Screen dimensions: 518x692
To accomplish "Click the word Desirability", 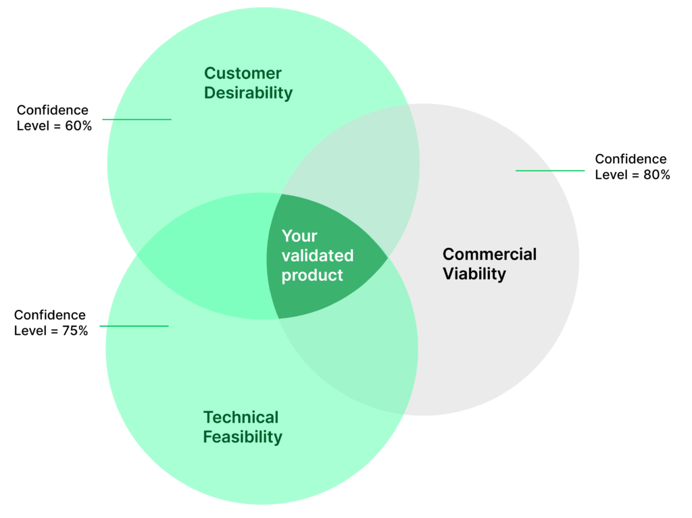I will pos(248,93).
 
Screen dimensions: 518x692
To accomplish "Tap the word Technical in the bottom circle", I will pos(241,417).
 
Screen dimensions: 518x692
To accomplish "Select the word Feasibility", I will pos(243,437).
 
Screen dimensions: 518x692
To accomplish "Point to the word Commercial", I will pos(489,255).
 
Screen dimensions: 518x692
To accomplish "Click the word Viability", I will pos(474,274).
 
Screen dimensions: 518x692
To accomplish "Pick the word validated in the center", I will pos(317,256).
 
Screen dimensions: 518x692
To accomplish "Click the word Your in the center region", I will pos(299,236).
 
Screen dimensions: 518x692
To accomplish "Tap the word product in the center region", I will pos(312,276).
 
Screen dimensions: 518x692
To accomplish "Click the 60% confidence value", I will pos(78,126).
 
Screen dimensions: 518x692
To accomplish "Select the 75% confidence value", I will pos(74,331).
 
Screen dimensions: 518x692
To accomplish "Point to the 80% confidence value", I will pos(656,175).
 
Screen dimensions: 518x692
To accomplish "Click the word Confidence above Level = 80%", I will pos(631,159).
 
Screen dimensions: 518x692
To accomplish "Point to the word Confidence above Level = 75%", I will pos(50,315).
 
